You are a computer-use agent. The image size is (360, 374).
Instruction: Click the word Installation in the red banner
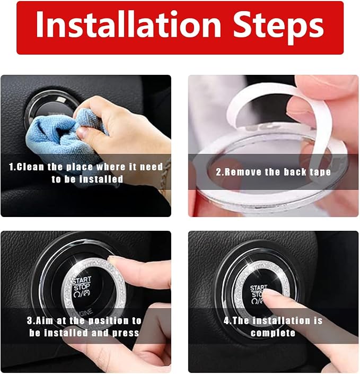point(129,24)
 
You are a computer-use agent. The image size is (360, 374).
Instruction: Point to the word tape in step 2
point(320,172)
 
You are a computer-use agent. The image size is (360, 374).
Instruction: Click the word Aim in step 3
point(45,320)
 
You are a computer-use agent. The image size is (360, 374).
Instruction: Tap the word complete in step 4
point(273,333)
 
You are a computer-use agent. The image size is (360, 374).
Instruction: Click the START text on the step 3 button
point(83,280)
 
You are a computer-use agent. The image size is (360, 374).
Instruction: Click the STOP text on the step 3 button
point(82,287)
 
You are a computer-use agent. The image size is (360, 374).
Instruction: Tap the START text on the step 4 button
point(258,288)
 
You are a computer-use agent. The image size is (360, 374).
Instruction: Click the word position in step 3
point(108,321)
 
